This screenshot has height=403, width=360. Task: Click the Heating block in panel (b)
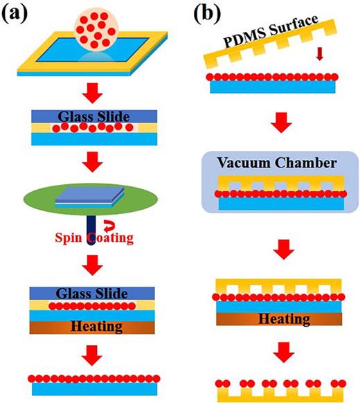[x=281, y=319]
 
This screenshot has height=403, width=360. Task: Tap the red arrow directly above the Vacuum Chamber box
[x=280, y=126]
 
